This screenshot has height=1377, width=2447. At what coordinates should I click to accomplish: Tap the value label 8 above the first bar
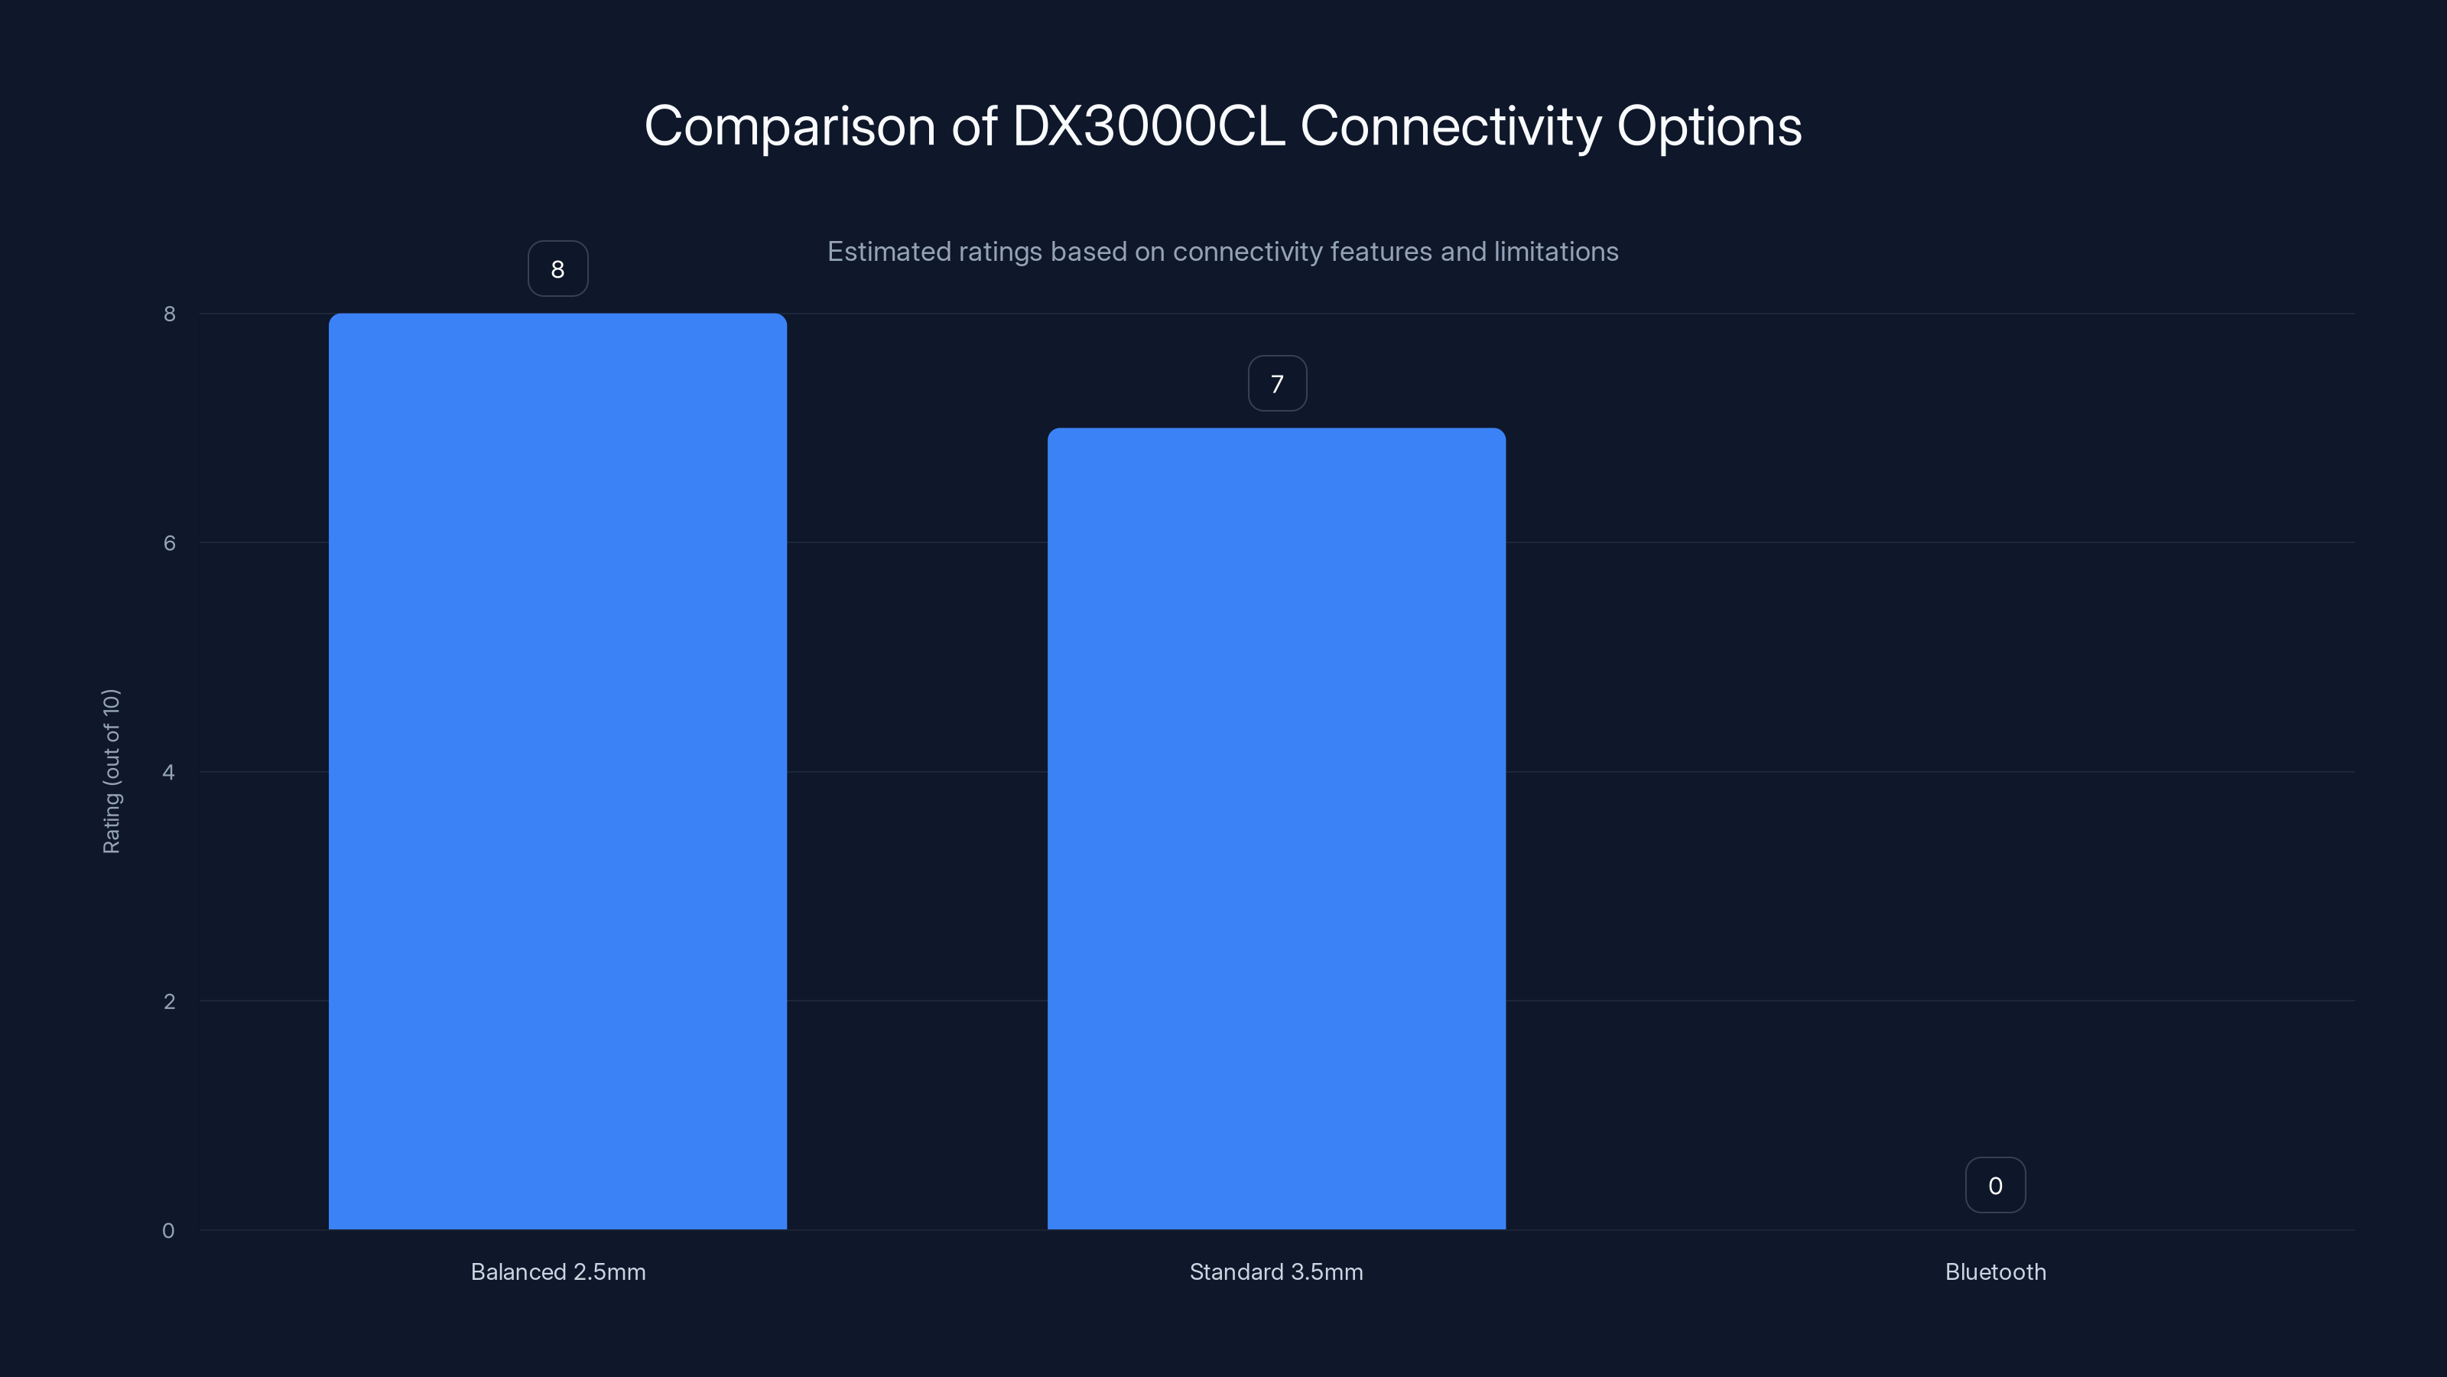click(557, 269)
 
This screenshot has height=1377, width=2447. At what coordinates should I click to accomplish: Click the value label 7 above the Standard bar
click(1277, 384)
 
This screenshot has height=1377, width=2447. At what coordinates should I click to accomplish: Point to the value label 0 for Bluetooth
click(1995, 1185)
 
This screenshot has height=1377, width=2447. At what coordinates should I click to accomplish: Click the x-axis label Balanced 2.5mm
click(557, 1271)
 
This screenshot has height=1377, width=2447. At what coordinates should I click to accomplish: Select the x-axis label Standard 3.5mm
click(1275, 1271)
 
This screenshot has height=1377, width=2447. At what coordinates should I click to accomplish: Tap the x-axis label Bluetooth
click(1995, 1271)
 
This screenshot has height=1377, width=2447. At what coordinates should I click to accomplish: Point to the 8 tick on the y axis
click(169, 314)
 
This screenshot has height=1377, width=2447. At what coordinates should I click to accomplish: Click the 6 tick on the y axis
click(169, 542)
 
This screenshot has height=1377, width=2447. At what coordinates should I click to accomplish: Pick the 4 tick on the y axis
click(169, 772)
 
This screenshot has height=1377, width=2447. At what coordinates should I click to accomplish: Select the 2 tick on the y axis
click(169, 1001)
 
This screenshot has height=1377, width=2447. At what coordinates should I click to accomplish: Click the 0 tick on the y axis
click(169, 1231)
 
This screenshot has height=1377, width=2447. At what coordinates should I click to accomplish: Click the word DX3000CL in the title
click(1148, 126)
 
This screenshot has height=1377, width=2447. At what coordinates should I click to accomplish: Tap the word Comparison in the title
click(789, 126)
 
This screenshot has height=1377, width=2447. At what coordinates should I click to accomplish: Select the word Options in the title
click(1709, 126)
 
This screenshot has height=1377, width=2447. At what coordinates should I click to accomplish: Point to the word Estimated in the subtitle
click(888, 252)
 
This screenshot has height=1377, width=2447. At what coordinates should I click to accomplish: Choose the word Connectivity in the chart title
click(1451, 126)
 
